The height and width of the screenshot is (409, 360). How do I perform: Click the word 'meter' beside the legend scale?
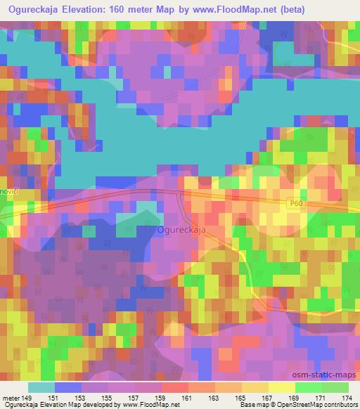12,397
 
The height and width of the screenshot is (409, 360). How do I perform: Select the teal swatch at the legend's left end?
41,387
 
